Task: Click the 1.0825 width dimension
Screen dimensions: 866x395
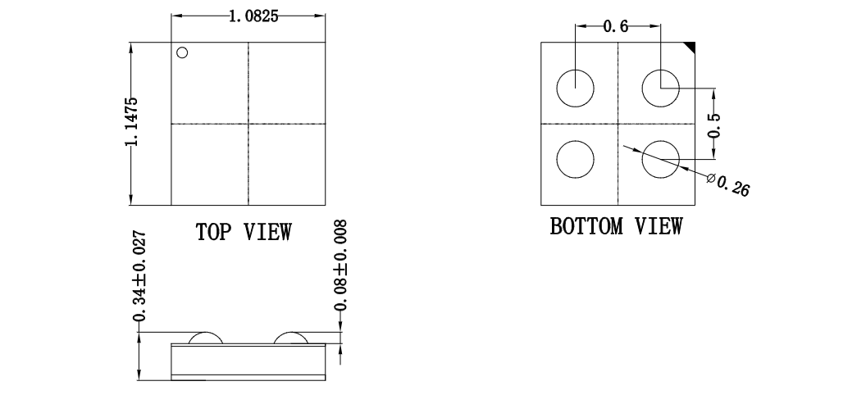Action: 253,16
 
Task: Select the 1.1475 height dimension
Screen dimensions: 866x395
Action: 131,122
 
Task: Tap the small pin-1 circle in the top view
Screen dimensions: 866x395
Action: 182,52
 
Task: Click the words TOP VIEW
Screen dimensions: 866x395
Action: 244,232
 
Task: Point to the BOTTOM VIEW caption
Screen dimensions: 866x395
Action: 616,226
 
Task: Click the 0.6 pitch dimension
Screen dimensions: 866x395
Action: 615,26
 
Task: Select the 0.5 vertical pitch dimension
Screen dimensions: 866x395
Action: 714,125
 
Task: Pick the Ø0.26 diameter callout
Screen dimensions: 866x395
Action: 728,184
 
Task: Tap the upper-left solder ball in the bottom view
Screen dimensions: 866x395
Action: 575,89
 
